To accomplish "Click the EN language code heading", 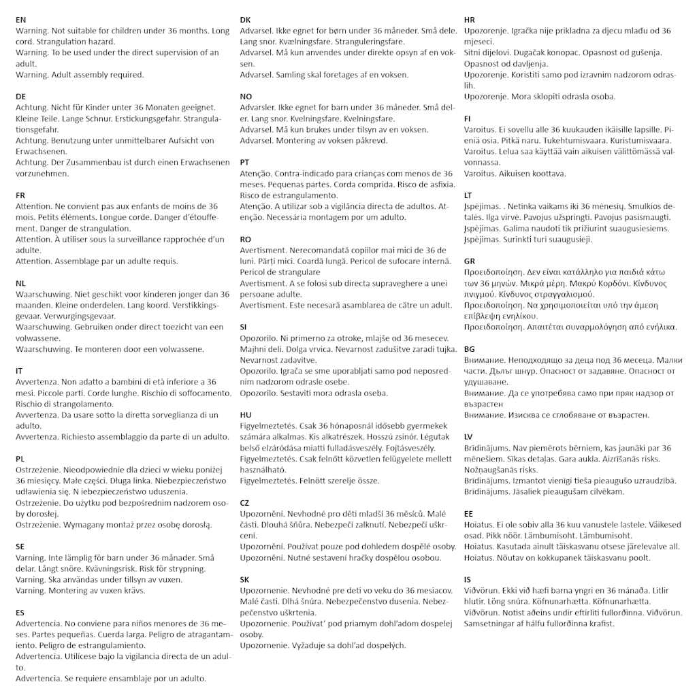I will tap(21, 20).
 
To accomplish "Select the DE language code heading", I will tap(21, 97).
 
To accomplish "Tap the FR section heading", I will tap(20, 195).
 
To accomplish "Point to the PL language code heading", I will tap(20, 459).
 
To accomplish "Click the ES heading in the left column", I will tap(20, 613).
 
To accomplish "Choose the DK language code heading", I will tap(246, 20).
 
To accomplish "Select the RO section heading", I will tap(246, 240).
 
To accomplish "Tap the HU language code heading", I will tap(246, 415).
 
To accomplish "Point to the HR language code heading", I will tap(470, 20).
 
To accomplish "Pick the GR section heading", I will tap(470, 261).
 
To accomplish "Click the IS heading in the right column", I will tap(468, 580).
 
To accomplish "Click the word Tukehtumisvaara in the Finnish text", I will tap(544, 140).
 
